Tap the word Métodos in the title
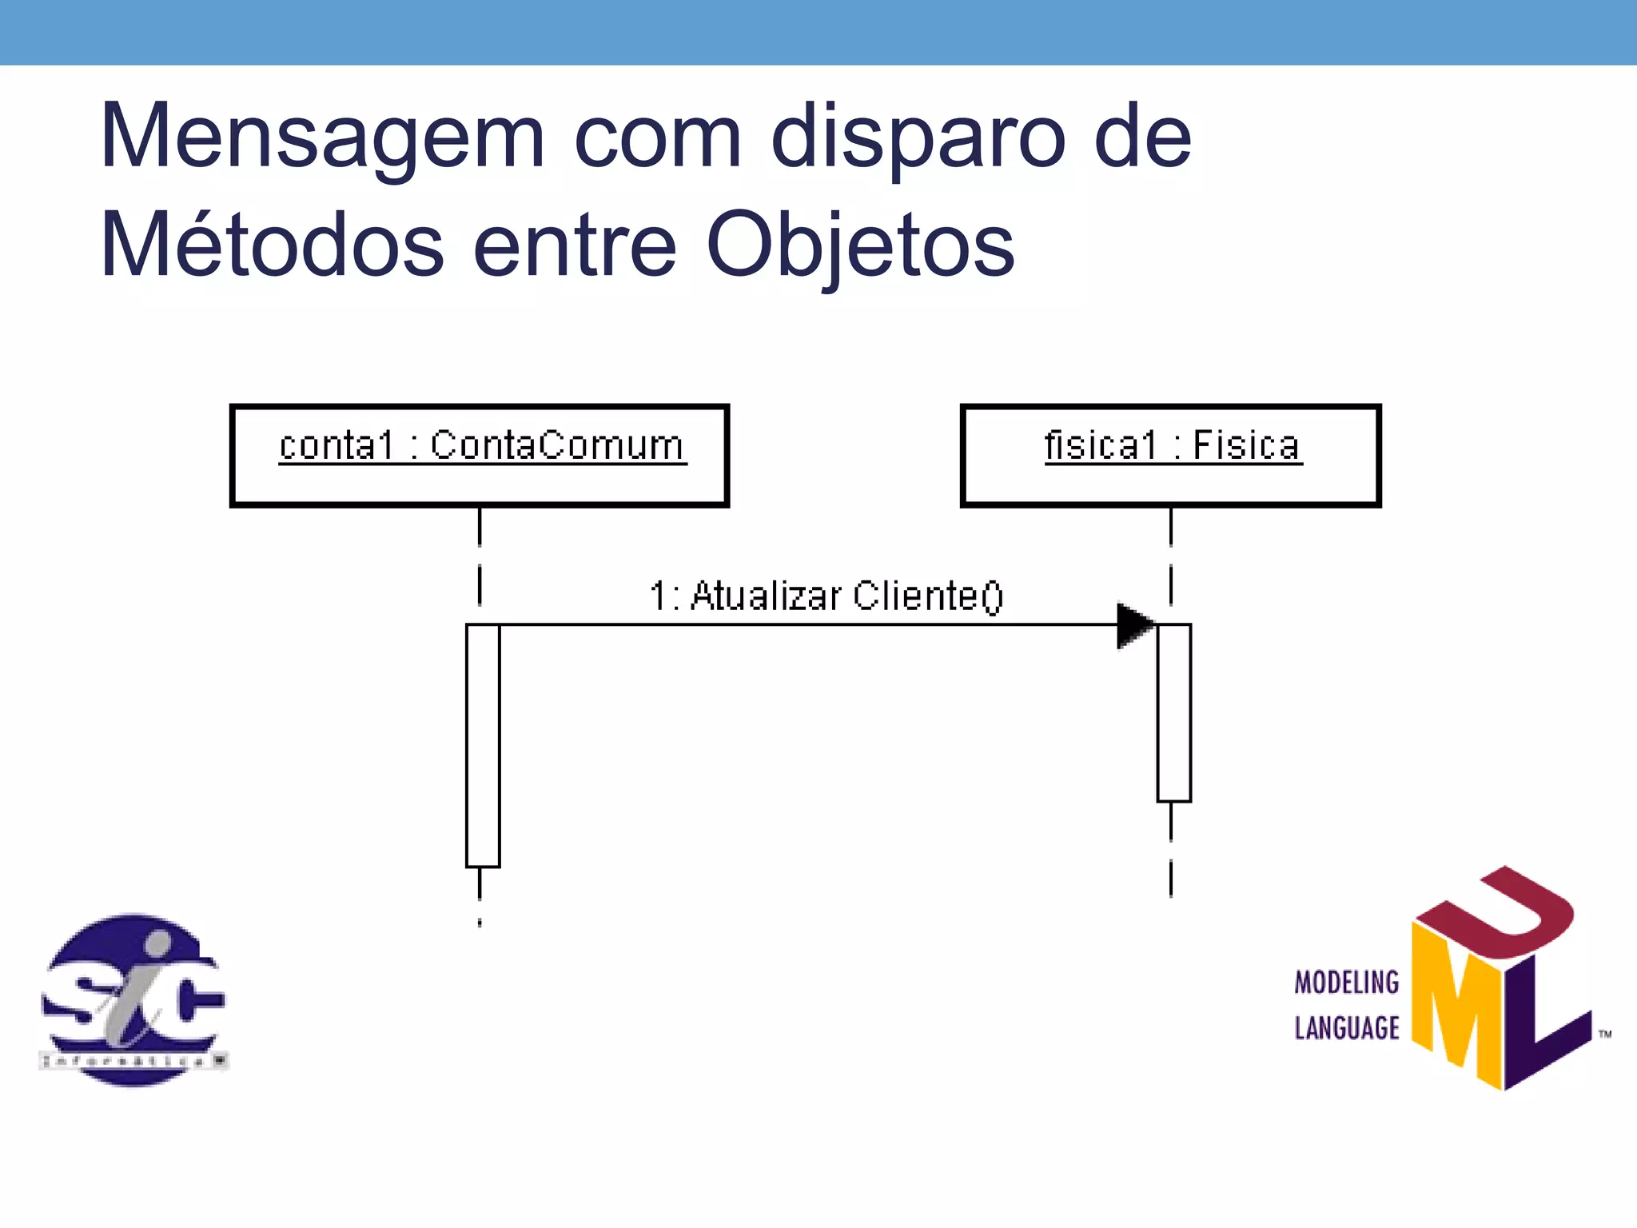pos(272,245)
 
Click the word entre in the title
pos(576,245)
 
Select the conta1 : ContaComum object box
pos(480,456)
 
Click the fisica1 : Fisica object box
pos(1171,456)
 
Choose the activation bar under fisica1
pos(1173,712)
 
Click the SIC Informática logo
pos(133,999)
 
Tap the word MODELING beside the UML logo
pos(1347,982)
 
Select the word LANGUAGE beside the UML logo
pos(1347,1028)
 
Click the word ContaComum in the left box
pos(557,445)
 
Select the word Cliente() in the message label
pos(927,596)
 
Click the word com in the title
pos(658,138)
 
